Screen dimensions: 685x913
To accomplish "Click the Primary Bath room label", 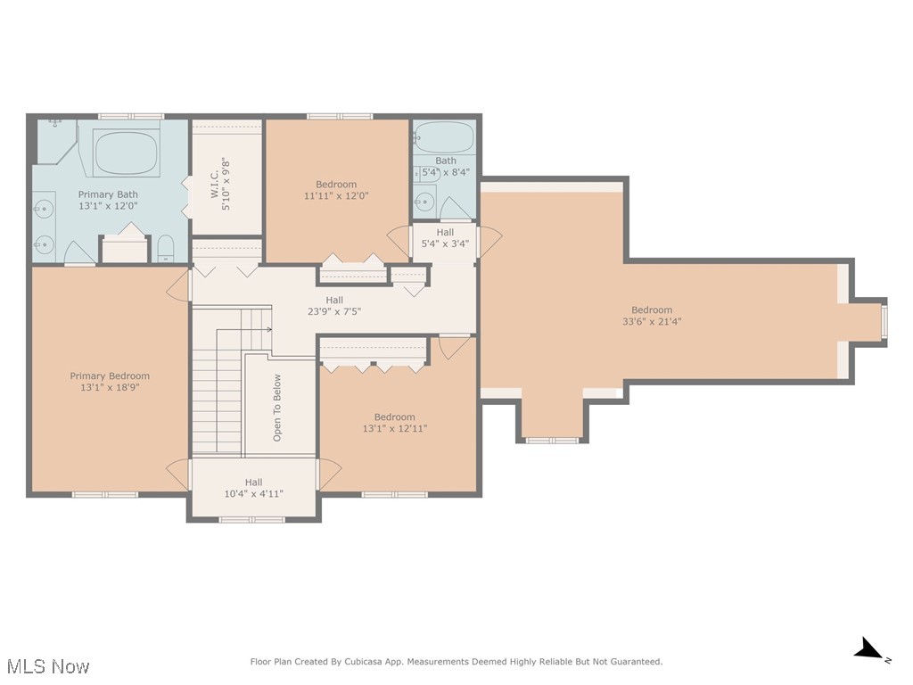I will (108, 194).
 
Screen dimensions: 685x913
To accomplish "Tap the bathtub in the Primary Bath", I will (127, 153).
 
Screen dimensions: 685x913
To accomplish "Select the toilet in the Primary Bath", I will (166, 249).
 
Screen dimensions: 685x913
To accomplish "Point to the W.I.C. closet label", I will (215, 185).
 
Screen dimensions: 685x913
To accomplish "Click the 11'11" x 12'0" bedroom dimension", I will (336, 196).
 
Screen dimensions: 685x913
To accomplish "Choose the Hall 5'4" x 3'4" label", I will (445, 233).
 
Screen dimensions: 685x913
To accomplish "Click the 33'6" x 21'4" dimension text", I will (652, 322).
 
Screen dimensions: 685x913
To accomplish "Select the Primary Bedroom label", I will (110, 376).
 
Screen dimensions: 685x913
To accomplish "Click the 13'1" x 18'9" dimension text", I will (110, 388).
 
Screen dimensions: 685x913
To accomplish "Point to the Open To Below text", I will (277, 408).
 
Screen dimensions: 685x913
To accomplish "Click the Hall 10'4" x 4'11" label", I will (253, 483).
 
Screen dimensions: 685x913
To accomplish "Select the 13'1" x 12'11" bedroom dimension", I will (395, 429).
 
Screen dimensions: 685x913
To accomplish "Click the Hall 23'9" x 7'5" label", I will (334, 301).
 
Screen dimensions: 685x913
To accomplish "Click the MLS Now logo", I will (47, 666).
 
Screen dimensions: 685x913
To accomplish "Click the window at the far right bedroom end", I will (884, 322).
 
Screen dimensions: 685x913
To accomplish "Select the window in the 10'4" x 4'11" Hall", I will (251, 518).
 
